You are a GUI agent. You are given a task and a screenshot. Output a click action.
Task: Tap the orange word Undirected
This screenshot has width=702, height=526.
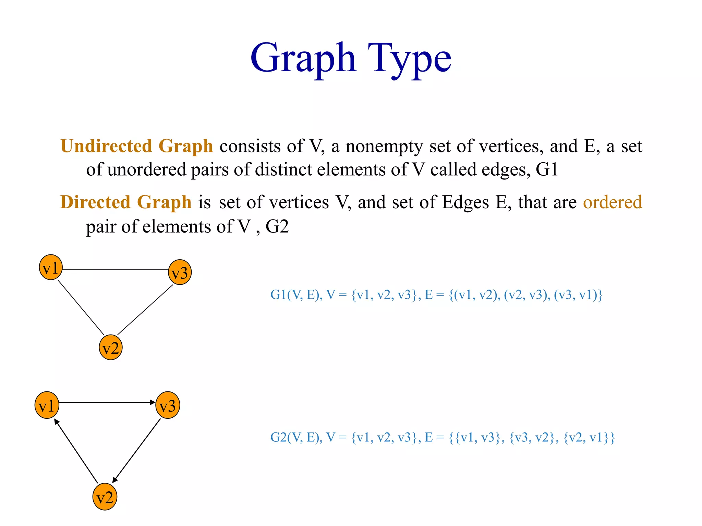click(x=106, y=146)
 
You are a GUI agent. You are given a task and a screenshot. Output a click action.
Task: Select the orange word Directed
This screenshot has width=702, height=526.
click(x=95, y=202)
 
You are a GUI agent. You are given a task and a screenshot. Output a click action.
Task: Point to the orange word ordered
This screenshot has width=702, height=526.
click(x=612, y=202)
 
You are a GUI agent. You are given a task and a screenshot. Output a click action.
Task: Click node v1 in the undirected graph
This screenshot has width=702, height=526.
click(x=51, y=267)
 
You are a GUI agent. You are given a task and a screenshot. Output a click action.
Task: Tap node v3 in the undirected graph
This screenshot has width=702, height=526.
click(x=180, y=273)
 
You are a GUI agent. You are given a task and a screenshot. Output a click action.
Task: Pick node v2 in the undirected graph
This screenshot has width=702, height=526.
click(x=110, y=347)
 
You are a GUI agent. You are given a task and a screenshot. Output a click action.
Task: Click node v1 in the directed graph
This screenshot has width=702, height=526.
click(x=47, y=405)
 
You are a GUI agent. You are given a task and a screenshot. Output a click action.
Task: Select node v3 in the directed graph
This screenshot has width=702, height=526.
click(x=168, y=405)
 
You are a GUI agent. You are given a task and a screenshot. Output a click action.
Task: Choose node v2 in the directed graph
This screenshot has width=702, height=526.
click(x=105, y=497)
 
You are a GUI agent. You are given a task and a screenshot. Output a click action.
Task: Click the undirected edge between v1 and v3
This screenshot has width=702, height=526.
click(x=115, y=270)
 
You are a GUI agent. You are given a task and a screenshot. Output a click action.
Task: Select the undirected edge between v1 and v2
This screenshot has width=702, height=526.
click(x=81, y=307)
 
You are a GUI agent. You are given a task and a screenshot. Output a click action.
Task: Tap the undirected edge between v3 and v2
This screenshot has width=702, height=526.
click(x=145, y=310)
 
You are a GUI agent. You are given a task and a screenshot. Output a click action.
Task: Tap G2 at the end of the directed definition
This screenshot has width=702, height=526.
click(x=277, y=226)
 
